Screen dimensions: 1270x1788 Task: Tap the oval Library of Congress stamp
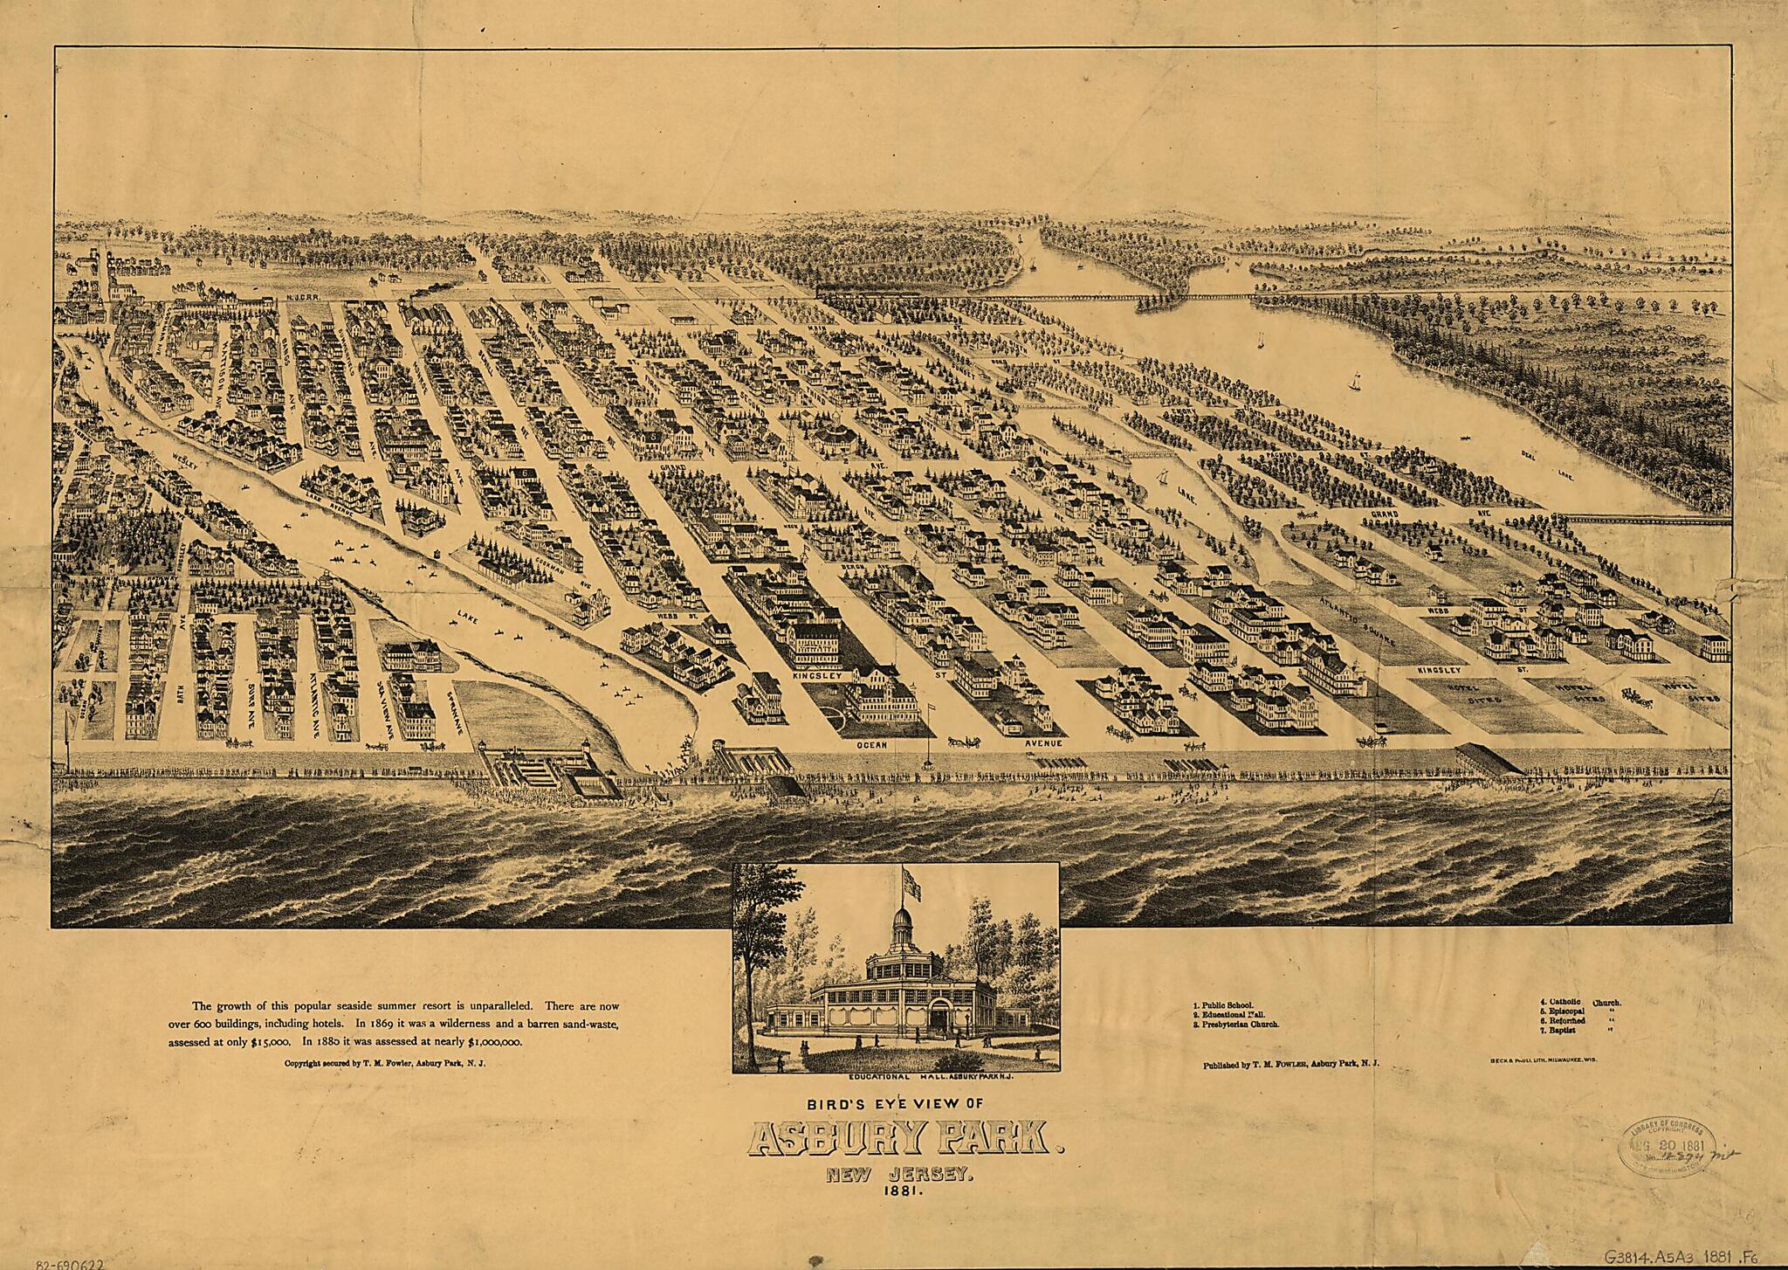[x=1668, y=1151]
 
